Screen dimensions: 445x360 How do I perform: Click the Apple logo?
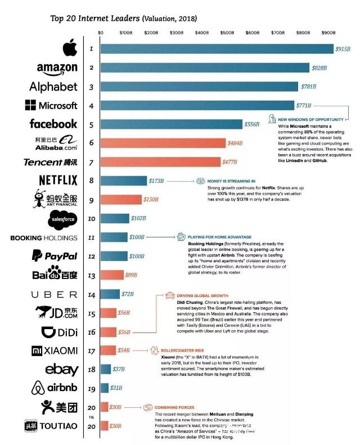tap(69, 49)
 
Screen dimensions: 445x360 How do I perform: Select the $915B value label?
tap(343, 49)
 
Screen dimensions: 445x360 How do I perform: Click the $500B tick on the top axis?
tap(278, 33)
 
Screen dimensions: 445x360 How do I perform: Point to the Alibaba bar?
tap(163, 143)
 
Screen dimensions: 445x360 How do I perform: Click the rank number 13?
tap(91, 275)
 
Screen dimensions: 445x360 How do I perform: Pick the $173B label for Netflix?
tap(156, 181)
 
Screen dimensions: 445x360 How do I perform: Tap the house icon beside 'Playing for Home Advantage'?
tap(182, 237)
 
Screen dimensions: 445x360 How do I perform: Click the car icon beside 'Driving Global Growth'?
tap(169, 295)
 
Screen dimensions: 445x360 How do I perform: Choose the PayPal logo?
tap(54, 256)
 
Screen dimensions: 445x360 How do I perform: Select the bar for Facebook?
tap(171, 124)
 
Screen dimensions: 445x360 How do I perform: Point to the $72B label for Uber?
tap(129, 294)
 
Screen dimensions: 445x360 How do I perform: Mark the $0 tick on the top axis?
tap(101, 33)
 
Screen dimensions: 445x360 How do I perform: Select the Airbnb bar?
tap(105, 388)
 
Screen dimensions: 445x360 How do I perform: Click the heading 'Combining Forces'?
tap(175, 407)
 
